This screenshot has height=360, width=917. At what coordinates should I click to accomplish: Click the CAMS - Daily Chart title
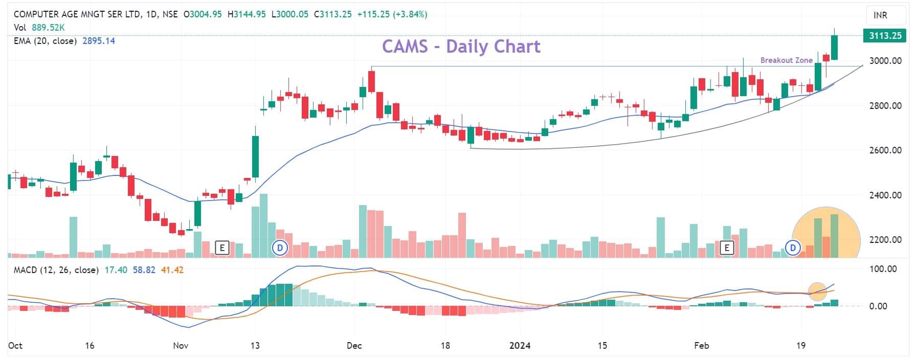click(461, 47)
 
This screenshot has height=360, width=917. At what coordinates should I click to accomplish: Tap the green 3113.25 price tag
click(884, 36)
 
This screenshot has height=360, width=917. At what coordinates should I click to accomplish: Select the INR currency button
click(880, 15)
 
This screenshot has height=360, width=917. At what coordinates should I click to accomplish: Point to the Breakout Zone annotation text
click(786, 60)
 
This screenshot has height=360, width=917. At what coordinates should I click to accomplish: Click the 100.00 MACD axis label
click(884, 269)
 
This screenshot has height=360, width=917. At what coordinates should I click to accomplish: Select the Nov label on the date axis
click(181, 346)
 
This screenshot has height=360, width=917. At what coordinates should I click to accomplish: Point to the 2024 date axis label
click(520, 346)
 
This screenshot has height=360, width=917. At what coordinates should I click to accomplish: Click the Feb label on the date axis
click(701, 346)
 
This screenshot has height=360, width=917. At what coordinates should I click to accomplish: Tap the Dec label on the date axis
click(354, 346)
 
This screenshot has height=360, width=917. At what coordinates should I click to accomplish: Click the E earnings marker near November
click(222, 249)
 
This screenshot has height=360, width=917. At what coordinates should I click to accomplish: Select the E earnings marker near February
click(726, 249)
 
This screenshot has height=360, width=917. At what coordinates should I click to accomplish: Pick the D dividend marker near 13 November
click(280, 249)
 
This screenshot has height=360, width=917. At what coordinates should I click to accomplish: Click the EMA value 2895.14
click(99, 41)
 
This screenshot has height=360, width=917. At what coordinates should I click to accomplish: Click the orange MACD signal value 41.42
click(172, 269)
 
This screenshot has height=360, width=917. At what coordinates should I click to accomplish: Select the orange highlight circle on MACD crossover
click(817, 291)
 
